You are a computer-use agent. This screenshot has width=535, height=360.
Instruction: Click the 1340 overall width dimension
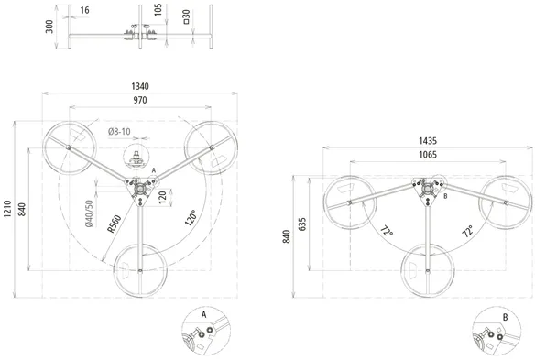(140, 86)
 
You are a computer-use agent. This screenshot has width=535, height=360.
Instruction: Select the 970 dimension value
(140, 100)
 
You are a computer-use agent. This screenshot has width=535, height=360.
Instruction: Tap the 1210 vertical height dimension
(7, 209)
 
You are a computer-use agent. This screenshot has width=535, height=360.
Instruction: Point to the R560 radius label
(115, 224)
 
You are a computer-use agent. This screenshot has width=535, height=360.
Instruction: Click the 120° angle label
(191, 218)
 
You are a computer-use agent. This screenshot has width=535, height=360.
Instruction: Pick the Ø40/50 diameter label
(89, 213)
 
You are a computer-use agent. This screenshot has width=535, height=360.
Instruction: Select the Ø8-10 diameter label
(119, 131)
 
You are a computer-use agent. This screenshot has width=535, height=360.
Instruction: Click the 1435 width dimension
(428, 140)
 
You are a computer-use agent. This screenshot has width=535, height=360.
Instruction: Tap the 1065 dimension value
(428, 155)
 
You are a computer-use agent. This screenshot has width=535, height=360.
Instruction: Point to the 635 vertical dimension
(302, 224)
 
